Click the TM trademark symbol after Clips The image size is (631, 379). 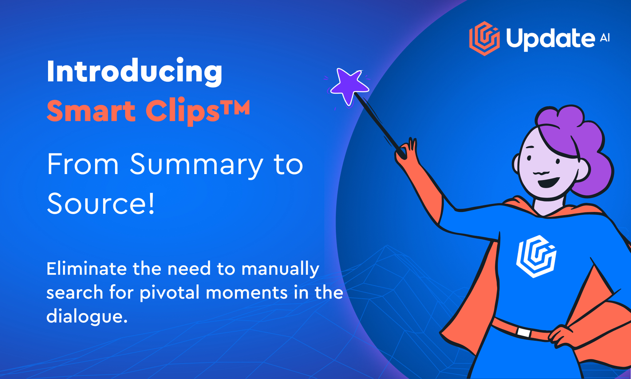tap(235, 107)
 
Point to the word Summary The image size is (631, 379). tap(196, 165)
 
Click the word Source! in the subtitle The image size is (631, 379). tap(101, 203)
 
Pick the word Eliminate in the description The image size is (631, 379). tap(87, 269)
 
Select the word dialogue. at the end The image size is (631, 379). tap(87, 317)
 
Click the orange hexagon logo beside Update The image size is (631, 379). tap(484, 39)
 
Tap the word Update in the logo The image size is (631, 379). tap(550, 39)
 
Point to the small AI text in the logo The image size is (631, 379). tap(605, 38)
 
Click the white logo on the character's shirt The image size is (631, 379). tap(536, 257)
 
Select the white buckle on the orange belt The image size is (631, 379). tap(524, 332)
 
